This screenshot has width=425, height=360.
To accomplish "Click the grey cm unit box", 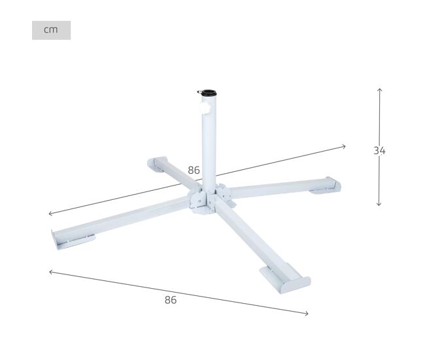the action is coord(51,30).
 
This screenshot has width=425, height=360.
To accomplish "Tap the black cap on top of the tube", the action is coord(209,93).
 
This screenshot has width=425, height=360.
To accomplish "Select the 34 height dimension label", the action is coord(379,151).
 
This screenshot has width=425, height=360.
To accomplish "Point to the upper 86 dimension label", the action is coord(194,170).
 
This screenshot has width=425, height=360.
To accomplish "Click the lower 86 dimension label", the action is coord(171,300).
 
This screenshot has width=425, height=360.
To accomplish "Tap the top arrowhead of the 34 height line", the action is coord(380,90).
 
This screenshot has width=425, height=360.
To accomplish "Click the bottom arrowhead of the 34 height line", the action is coord(379,204).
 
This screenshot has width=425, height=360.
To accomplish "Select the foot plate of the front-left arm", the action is coord(73,240).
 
